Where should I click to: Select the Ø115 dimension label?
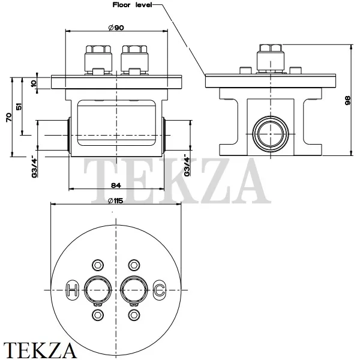115,202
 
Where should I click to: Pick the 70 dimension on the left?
8,118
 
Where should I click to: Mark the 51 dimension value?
19,107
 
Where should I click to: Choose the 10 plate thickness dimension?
33,83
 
